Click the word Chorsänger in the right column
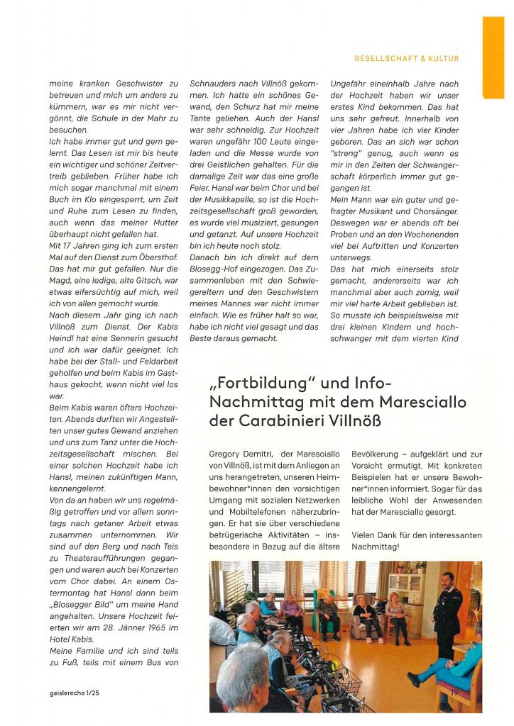432,211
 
